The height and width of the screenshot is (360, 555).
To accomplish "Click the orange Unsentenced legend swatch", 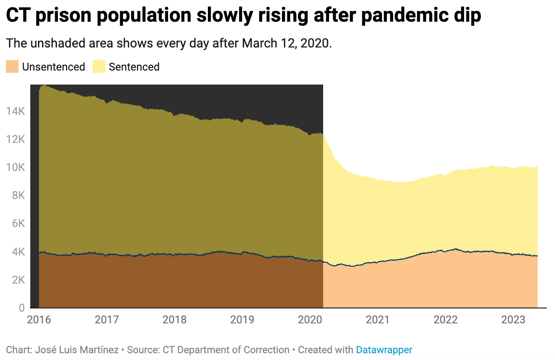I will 12,67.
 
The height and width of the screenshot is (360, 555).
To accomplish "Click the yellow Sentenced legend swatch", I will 99,67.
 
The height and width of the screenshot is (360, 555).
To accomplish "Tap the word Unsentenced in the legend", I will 53,67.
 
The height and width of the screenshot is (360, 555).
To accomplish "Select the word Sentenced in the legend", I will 134,67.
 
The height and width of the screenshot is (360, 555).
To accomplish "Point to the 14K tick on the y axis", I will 15,111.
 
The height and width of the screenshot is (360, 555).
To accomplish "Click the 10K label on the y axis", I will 15,167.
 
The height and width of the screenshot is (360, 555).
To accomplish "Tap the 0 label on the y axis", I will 21,308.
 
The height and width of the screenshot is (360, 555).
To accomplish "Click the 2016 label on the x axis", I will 39,320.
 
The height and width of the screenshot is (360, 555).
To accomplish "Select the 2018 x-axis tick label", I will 174,320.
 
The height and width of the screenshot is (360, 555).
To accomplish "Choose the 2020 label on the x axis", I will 310,320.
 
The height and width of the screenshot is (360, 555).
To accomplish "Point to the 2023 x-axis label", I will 513,320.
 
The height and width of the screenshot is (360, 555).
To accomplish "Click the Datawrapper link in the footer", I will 384,350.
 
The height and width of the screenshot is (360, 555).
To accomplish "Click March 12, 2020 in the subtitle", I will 286,44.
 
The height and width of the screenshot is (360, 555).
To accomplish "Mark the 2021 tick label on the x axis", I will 378,320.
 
